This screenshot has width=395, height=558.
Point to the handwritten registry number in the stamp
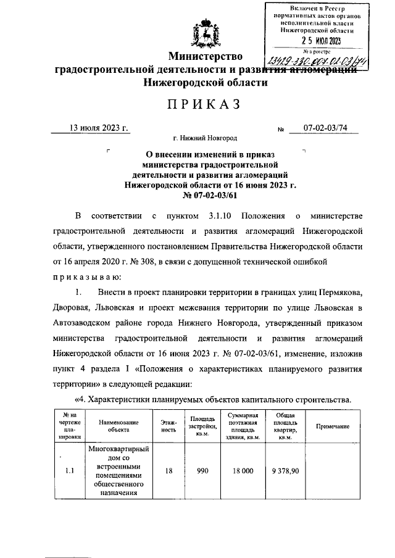(x=314, y=60)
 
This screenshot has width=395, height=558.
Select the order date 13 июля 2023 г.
(x=98, y=128)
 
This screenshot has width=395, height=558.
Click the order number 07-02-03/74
(x=326, y=128)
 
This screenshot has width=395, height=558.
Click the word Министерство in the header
(x=206, y=57)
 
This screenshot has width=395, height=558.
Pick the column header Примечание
(x=333, y=427)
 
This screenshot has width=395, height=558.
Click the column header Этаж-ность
(x=168, y=427)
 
